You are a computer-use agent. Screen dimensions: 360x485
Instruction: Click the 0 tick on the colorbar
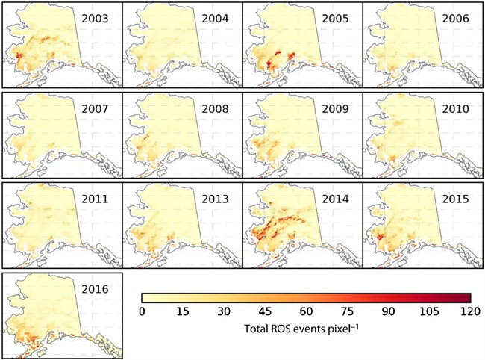pos(142,311)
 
